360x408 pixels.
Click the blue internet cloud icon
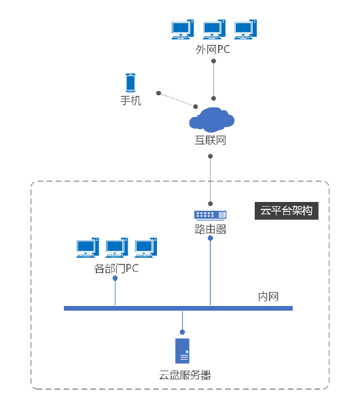[x=211, y=120]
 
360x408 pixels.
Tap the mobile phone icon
[x=130, y=83]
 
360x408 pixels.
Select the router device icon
[x=211, y=215]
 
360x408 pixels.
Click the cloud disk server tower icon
[x=182, y=351]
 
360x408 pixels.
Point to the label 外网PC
[x=213, y=50]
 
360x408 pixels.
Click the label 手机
[x=130, y=101]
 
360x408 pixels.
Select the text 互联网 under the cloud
[x=211, y=140]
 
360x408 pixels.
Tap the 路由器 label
[x=211, y=229]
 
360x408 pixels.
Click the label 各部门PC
[x=116, y=269]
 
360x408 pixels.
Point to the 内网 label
[x=268, y=296]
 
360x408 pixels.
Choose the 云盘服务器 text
[x=185, y=375]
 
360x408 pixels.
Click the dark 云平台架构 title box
[x=287, y=211]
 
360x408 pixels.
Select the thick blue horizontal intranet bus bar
[x=179, y=308]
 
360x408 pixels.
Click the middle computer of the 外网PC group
[x=214, y=29]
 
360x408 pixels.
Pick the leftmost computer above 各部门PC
[x=88, y=248]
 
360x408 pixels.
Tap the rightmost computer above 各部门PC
[x=146, y=248]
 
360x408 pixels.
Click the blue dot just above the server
[x=183, y=332]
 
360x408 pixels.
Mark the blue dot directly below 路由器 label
[x=211, y=238]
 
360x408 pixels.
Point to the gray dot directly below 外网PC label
[x=213, y=61]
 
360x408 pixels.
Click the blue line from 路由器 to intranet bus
[x=211, y=272]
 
